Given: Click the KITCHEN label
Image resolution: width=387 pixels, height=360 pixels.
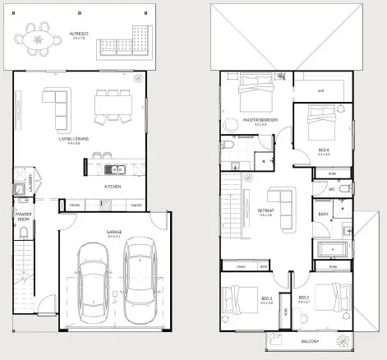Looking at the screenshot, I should (113, 187).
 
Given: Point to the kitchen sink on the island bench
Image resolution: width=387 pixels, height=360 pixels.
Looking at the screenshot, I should (117, 170).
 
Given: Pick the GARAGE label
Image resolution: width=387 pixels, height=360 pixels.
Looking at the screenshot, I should (113, 232).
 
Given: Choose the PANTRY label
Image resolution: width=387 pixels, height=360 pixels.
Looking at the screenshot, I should (136, 205).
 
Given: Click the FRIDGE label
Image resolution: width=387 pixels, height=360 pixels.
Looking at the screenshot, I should (74, 205).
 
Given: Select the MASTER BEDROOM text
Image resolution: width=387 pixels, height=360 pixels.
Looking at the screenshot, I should (260, 120).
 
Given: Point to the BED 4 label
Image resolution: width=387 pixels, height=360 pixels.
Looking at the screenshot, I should (324, 150).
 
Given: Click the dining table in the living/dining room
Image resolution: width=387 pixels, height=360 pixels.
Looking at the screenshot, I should (112, 103).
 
